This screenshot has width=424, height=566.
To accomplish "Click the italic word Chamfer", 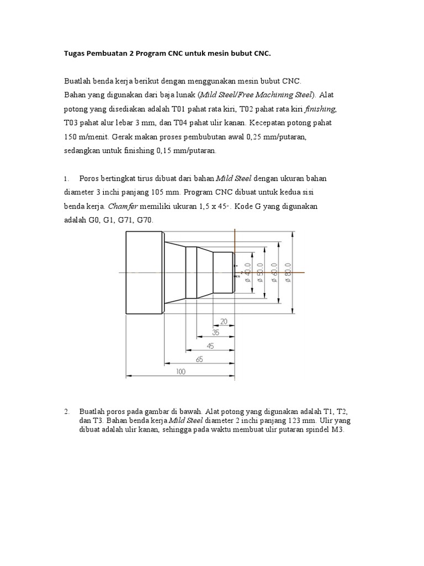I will (x=122, y=206).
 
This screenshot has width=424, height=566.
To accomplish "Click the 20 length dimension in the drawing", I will (x=224, y=322).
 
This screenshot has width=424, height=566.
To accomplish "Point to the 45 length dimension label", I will (x=209, y=347).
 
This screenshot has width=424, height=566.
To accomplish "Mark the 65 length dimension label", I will (x=199, y=359).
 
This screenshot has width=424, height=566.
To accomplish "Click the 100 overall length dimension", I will (x=181, y=372).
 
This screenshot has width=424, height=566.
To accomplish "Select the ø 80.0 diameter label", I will (x=288, y=272).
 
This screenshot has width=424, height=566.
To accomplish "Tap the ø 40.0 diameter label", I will (x=248, y=272).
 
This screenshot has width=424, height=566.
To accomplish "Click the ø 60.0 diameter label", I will (x=274, y=272).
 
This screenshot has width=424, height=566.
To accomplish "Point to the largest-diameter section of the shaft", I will (x=144, y=271).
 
